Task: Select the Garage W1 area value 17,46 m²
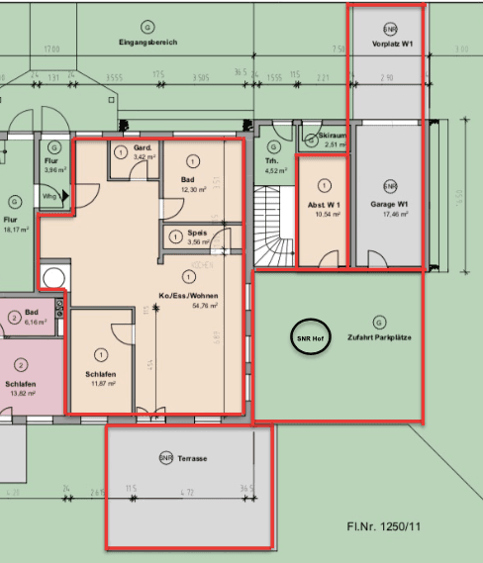click(x=389, y=214)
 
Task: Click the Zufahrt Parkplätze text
click(x=379, y=337)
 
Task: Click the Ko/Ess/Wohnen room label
click(x=187, y=296)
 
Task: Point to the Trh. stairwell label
click(x=271, y=160)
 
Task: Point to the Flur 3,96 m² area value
click(x=52, y=170)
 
